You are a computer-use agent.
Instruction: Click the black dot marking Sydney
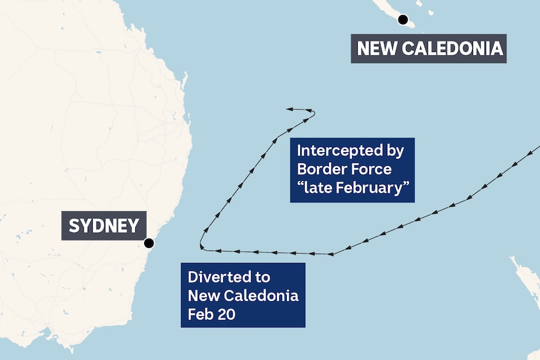pyautogui.click(x=149, y=244)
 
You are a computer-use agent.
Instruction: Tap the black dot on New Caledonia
pyautogui.click(x=403, y=19)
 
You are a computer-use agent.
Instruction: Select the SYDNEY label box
pyautogui.click(x=104, y=225)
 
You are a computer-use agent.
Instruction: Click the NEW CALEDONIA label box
pyautogui.click(x=428, y=49)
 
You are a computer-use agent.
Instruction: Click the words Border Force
pyautogui.click(x=344, y=169)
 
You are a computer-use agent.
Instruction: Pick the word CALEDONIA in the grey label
pyautogui.click(x=451, y=49)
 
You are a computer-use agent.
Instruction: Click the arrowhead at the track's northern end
pyautogui.click(x=289, y=110)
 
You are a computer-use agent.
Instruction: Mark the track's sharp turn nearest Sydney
pyautogui.click(x=202, y=246)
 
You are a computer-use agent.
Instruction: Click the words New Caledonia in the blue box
pyautogui.click(x=243, y=295)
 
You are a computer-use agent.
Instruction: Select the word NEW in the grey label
pyautogui.click(x=376, y=49)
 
